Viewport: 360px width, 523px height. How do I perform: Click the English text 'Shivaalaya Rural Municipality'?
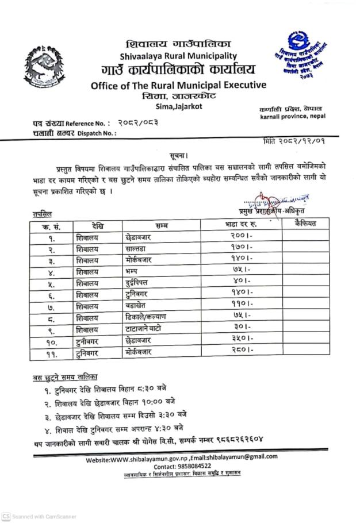(178, 55)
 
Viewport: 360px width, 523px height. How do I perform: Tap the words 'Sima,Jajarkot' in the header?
(179, 106)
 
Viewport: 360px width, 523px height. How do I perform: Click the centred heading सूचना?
(179, 156)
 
